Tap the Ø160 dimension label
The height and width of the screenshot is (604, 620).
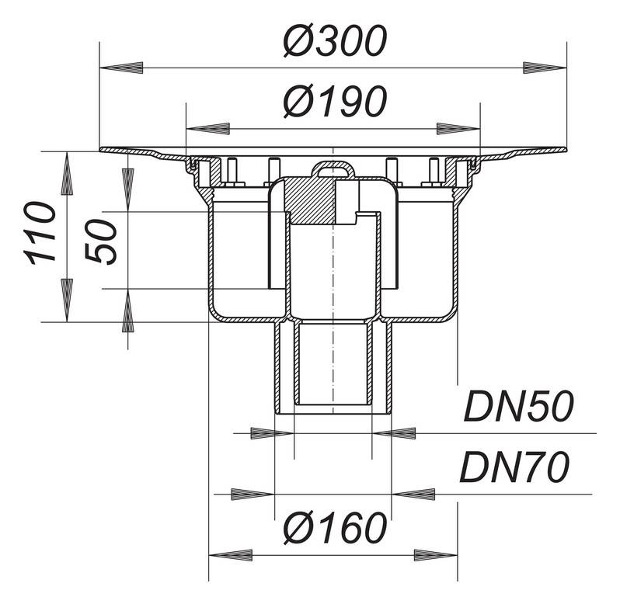[334, 529]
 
